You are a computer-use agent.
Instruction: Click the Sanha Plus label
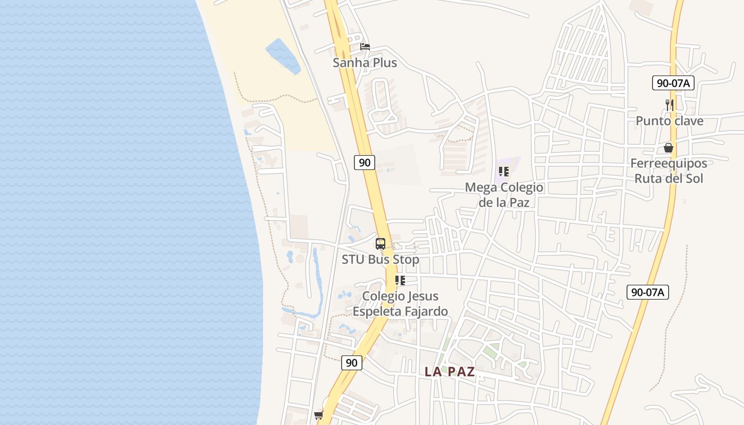[x=365, y=63]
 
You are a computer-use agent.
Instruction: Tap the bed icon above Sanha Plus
[x=365, y=47]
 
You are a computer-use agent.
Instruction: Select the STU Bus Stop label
[x=380, y=260]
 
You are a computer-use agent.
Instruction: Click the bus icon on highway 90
[x=381, y=244]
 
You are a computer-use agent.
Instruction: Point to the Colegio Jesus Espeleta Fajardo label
[x=400, y=304]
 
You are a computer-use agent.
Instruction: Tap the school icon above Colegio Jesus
[x=400, y=280]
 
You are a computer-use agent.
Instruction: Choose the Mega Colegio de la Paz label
[x=504, y=194]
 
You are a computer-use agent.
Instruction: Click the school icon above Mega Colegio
[x=504, y=172]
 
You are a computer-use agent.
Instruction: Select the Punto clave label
[x=670, y=121]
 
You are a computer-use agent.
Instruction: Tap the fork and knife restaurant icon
[x=670, y=105]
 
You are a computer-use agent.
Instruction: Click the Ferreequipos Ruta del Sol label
[x=669, y=171]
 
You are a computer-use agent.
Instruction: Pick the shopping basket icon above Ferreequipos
[x=669, y=148]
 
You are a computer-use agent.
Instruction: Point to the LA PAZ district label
[x=449, y=372]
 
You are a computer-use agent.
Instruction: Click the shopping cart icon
[x=318, y=415]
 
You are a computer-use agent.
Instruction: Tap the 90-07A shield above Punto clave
[x=673, y=83]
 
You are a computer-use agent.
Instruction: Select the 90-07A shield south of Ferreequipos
[x=647, y=292]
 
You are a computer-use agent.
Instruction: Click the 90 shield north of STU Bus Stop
[x=365, y=163]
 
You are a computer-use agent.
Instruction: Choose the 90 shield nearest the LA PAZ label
[x=351, y=363]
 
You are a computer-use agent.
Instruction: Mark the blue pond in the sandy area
[x=282, y=56]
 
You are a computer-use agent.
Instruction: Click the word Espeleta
[x=377, y=311]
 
